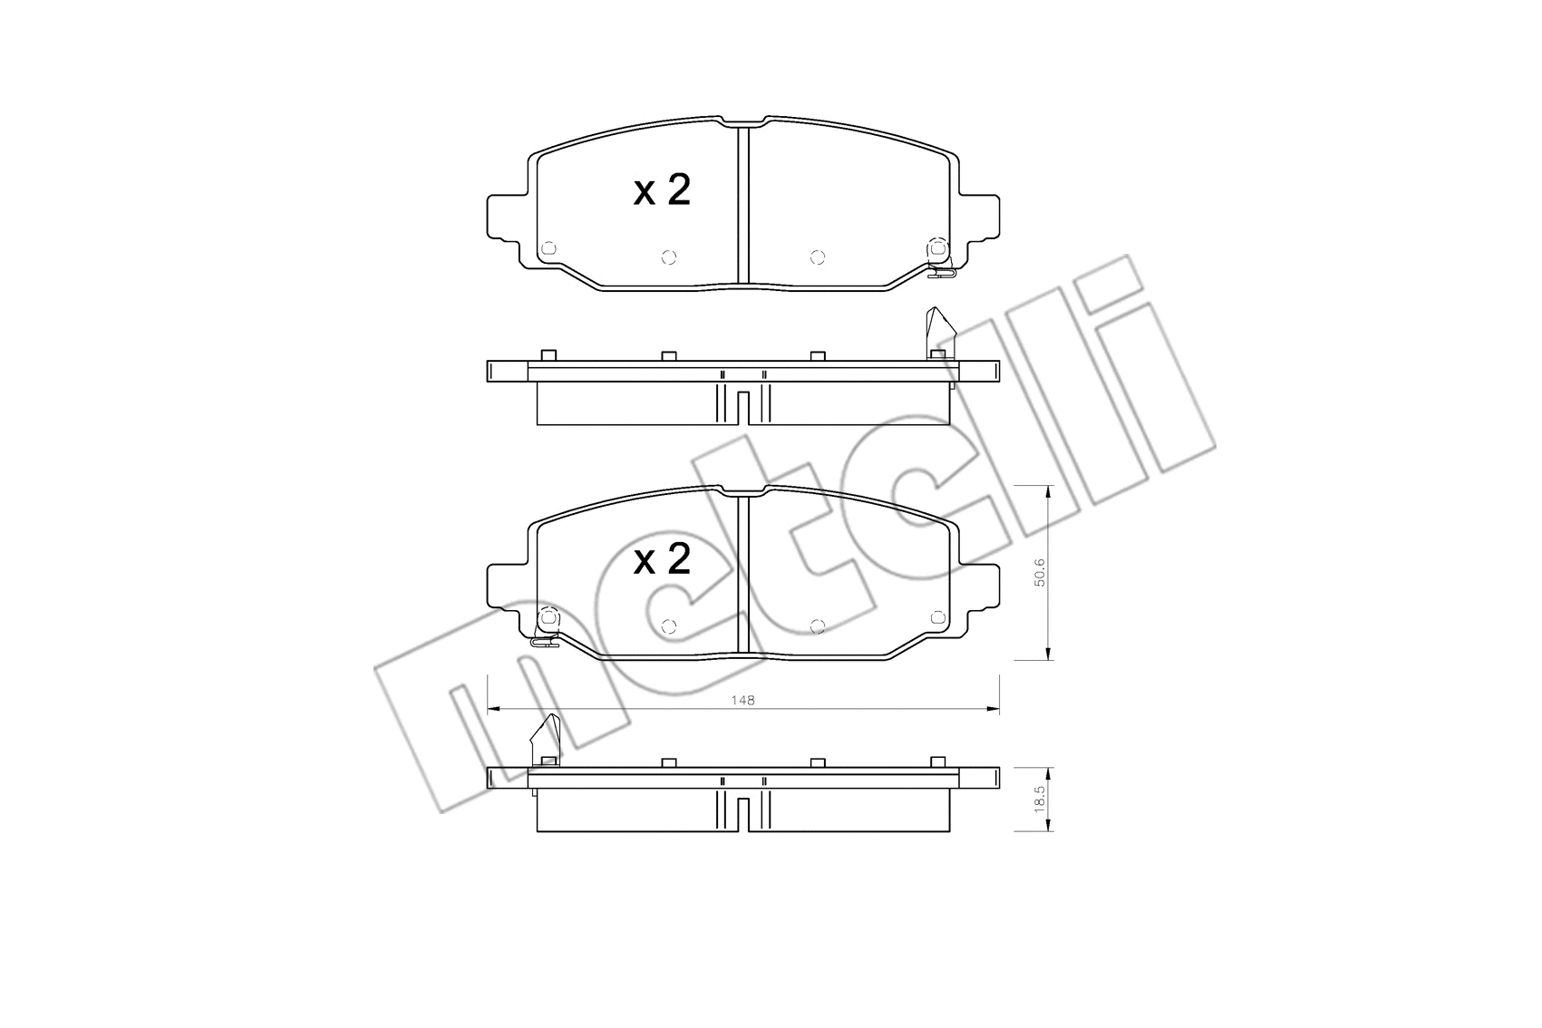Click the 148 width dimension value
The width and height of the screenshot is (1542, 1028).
[744, 700]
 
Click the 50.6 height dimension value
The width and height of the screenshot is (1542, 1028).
[1041, 573]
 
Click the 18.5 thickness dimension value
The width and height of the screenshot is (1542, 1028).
[1041, 800]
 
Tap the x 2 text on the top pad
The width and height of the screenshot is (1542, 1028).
[662, 191]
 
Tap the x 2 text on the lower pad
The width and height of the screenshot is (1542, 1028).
[662, 560]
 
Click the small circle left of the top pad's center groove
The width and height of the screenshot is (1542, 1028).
[669, 257]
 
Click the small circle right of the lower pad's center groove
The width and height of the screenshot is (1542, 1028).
[817, 626]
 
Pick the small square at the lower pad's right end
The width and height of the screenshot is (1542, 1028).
[937, 616]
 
